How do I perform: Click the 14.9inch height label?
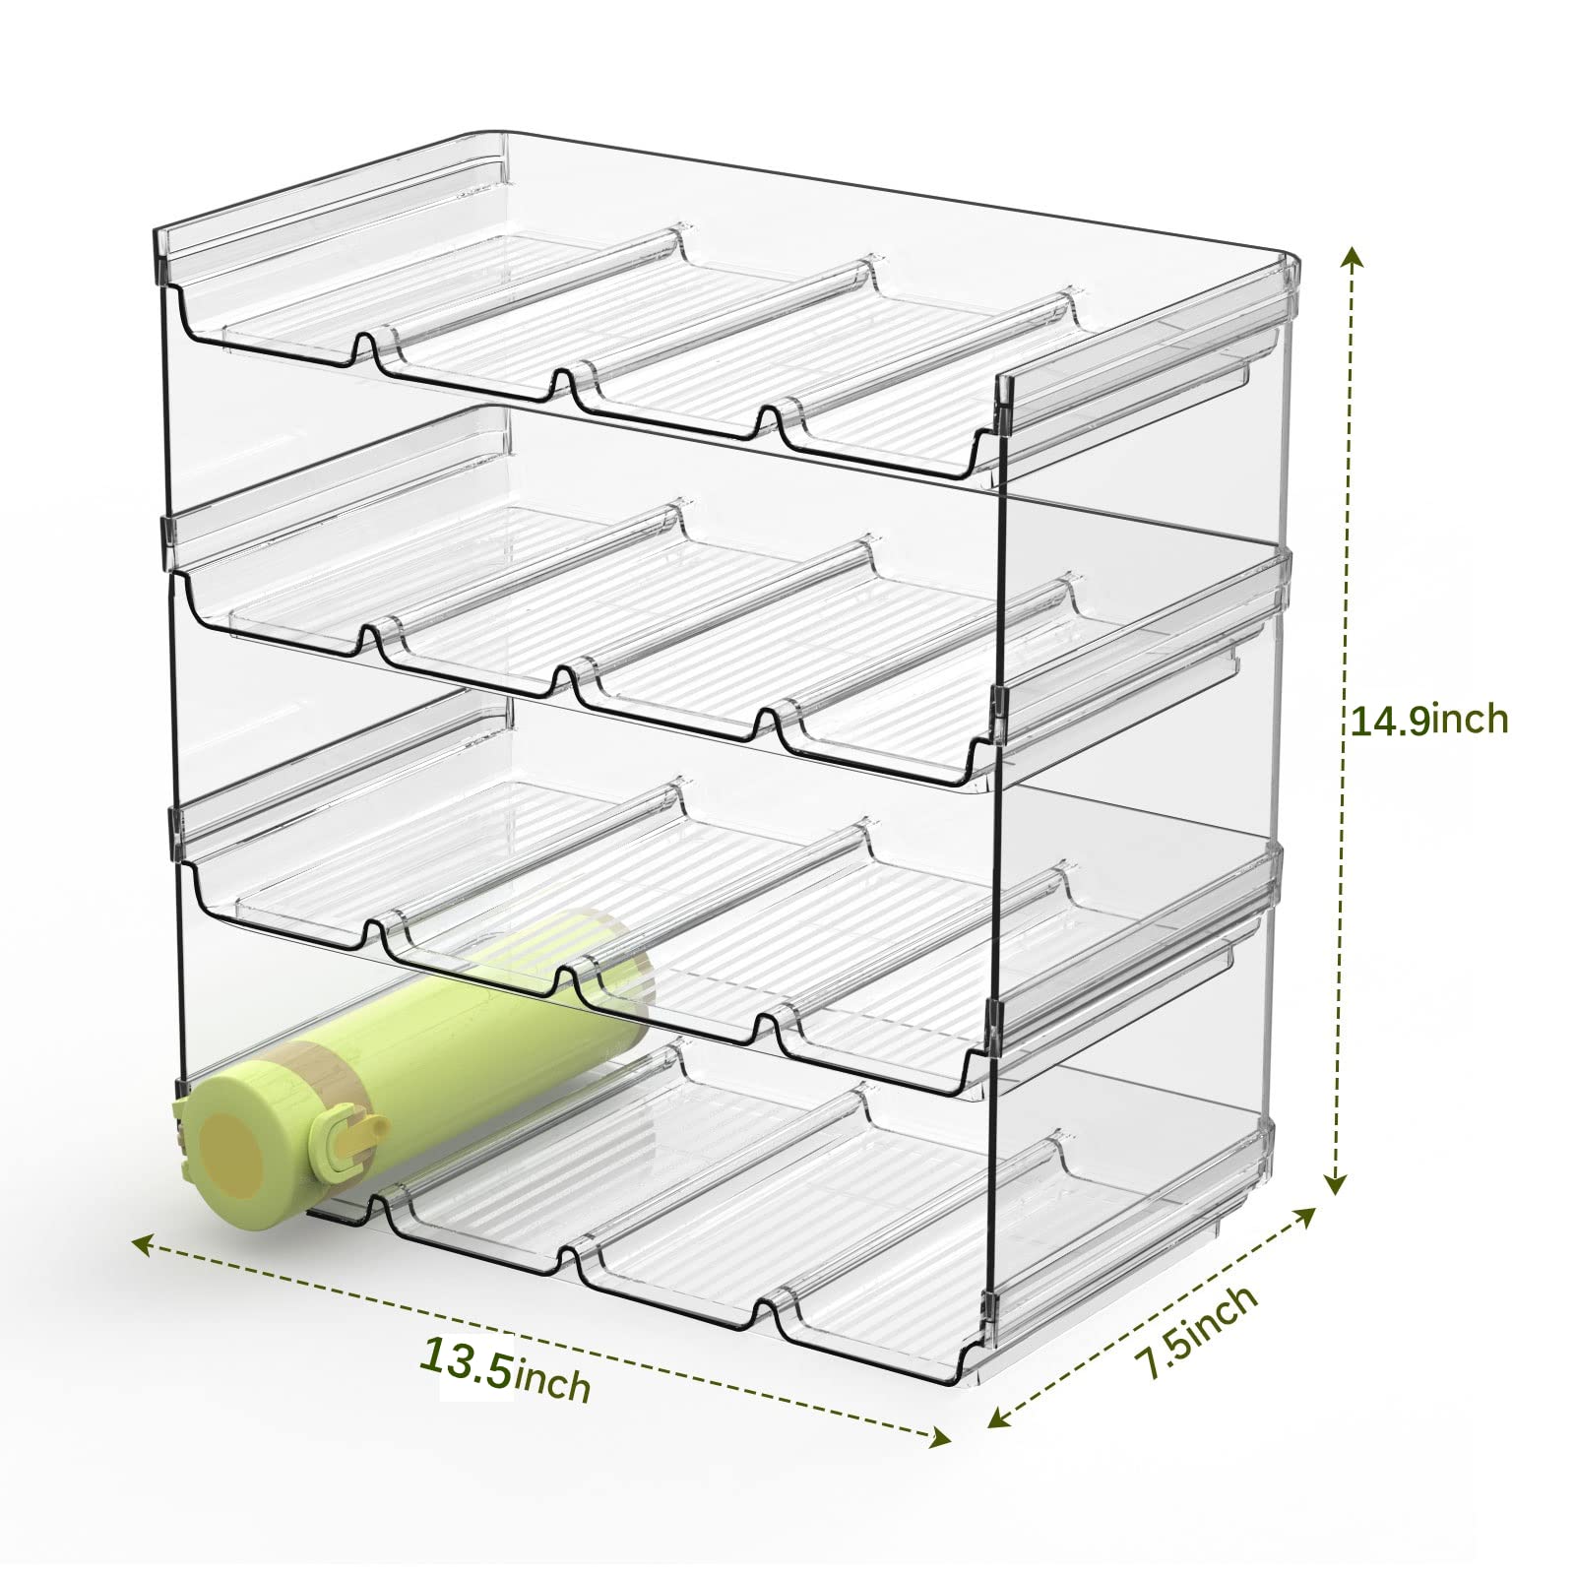coord(1426,721)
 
